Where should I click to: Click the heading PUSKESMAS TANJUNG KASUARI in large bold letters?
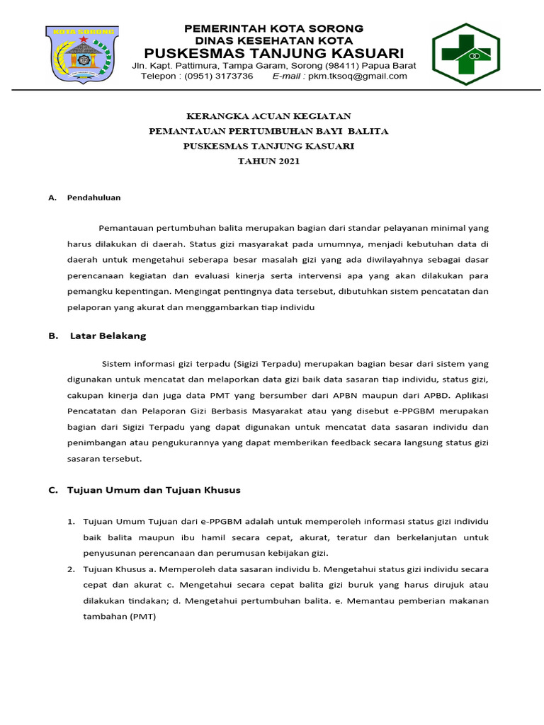click(274, 54)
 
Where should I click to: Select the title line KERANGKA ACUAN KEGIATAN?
click(268, 116)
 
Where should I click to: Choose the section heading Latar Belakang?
click(108, 336)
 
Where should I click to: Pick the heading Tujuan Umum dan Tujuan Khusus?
click(154, 489)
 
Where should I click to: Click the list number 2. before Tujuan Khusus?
click(71, 569)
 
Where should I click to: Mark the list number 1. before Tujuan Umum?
click(71, 521)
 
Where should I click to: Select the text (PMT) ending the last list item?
click(141, 617)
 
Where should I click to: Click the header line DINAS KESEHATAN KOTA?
click(274, 40)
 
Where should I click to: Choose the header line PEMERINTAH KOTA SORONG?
click(274, 28)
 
